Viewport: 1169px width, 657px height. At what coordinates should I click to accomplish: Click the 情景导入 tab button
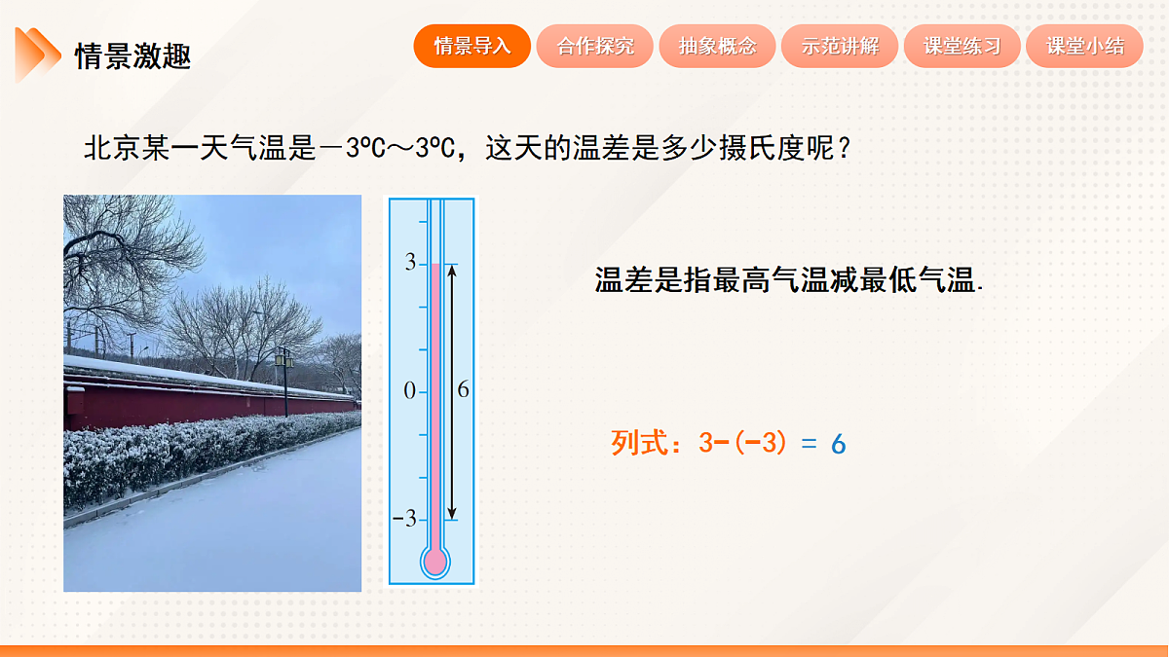(x=472, y=46)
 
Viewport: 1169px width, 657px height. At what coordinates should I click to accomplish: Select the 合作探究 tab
(x=595, y=46)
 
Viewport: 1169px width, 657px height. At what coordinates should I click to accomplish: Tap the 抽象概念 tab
(x=718, y=46)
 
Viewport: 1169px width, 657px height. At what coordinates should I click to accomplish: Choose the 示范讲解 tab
(x=840, y=46)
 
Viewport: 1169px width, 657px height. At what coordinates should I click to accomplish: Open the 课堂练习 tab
(x=962, y=46)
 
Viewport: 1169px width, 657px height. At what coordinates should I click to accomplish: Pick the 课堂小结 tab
(x=1085, y=46)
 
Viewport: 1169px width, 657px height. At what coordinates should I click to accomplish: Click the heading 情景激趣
(x=132, y=56)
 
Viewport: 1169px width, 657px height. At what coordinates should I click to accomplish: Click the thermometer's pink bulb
(x=434, y=561)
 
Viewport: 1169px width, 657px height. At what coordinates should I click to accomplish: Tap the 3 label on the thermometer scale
(x=410, y=263)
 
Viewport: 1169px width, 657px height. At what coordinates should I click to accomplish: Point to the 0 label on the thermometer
(x=409, y=391)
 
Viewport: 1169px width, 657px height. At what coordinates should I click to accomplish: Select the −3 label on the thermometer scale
(x=404, y=519)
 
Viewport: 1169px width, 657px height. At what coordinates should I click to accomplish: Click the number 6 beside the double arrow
(x=463, y=390)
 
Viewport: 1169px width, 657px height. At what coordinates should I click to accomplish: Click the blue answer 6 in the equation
(x=839, y=445)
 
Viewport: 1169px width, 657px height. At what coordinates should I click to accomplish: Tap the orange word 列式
(x=638, y=444)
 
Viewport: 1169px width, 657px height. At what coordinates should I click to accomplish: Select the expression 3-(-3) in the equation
(x=742, y=444)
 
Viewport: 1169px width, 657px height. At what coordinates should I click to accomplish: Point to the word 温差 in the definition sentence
(x=623, y=281)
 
